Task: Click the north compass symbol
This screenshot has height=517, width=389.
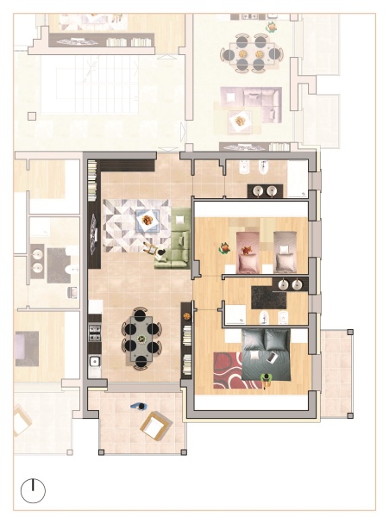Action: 33,490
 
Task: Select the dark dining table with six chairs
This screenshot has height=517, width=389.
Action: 141,337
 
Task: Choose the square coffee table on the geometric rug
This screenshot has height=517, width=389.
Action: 147,221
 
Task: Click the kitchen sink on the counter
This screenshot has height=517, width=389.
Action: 95,360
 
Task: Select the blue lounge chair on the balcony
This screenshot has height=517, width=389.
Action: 138,405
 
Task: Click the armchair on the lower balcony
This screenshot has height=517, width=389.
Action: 154,425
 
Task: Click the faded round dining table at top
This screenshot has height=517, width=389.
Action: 251,52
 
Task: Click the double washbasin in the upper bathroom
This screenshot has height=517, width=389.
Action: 266,190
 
